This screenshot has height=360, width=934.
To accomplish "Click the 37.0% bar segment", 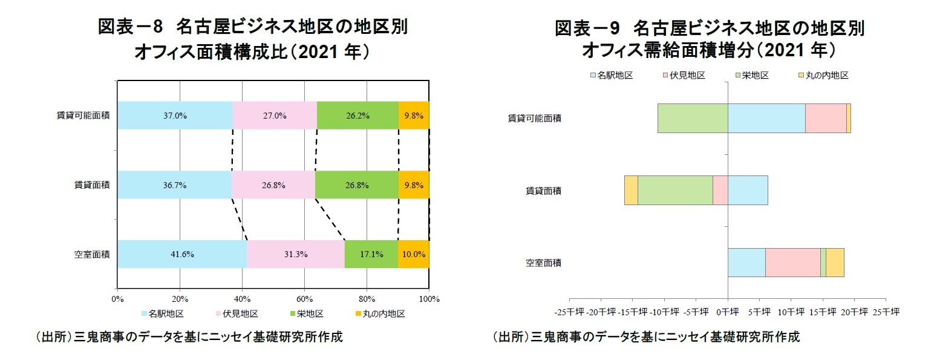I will pos(175,115).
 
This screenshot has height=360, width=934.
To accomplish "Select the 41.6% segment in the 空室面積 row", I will pos(182,254).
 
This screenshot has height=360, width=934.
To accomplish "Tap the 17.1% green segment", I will pos(371,254).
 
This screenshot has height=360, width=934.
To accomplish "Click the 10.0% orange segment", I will pos(414,254).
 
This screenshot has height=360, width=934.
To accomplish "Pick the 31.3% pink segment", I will pos(296,254).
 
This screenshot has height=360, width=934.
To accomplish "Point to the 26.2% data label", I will pos(358,116).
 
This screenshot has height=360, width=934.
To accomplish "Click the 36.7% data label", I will pos(174,185).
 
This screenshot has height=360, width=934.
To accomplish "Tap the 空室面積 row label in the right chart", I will pos(543,263).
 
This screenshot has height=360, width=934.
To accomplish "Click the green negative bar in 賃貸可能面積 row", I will pos(693,118).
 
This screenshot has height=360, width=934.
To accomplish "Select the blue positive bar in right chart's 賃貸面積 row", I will pos(748,191).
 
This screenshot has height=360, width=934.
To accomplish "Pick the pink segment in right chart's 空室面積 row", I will pos(793,263).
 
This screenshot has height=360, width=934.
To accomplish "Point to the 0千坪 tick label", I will pos(727,312).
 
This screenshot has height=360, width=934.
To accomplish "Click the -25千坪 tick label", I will pos(569,312).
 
